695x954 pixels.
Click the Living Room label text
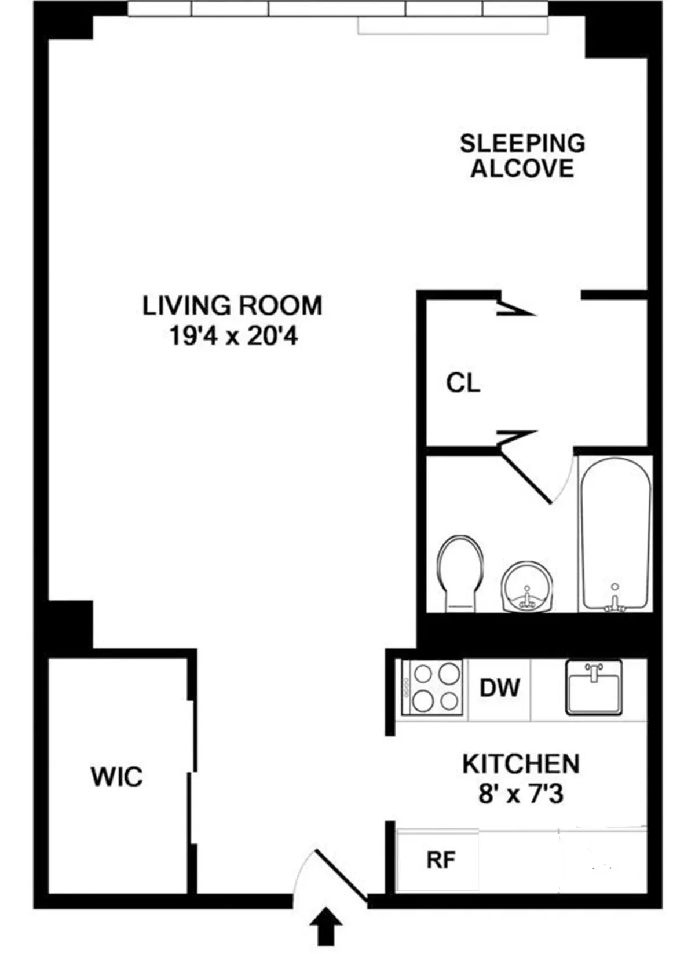click(x=232, y=306)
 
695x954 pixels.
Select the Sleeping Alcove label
click(x=522, y=155)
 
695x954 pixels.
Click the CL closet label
click(x=463, y=383)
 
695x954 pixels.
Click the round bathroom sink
click(x=526, y=586)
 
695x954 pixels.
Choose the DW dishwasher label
click(x=500, y=688)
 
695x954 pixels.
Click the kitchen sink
click(x=594, y=687)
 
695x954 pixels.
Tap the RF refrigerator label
click(x=441, y=860)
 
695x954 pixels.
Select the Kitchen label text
click(x=521, y=765)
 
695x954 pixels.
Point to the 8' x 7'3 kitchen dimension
click(x=521, y=794)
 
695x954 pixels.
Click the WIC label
click(x=116, y=777)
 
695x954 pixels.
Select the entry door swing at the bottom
click(x=333, y=878)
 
